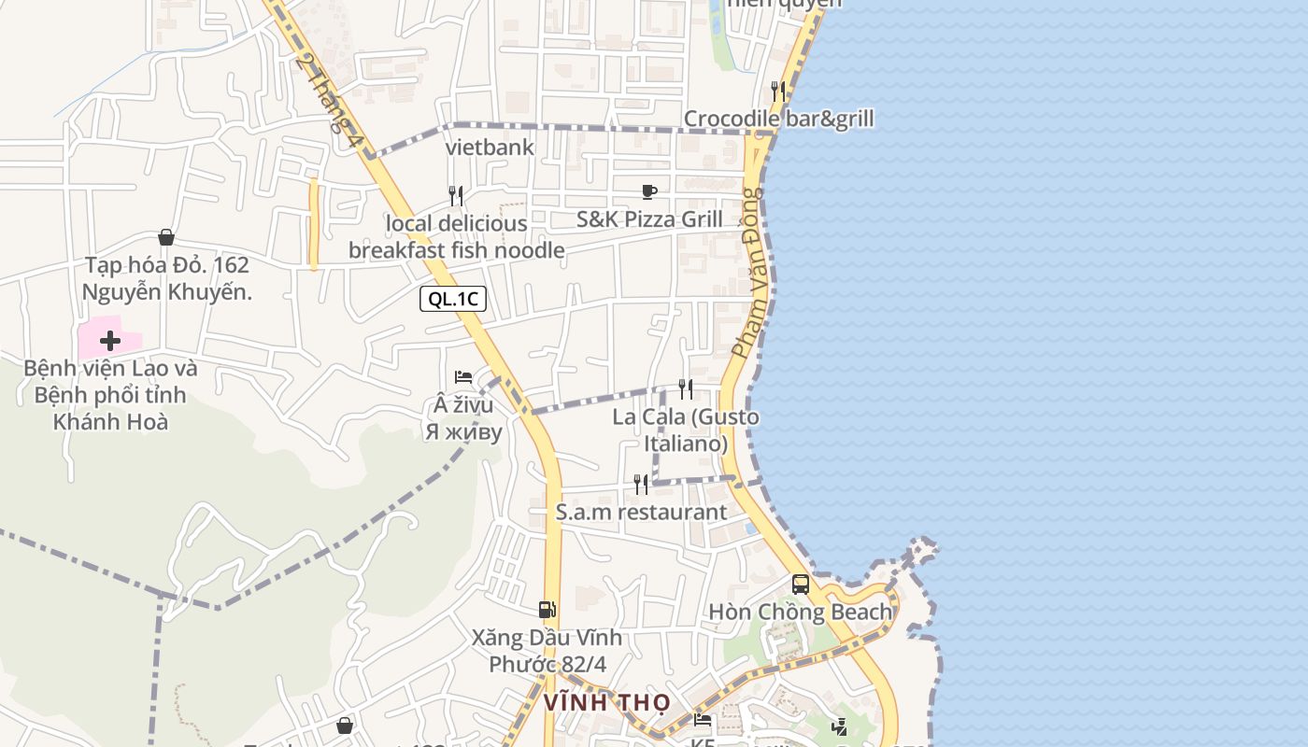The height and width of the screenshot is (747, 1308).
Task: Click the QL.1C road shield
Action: pyautogui.click(x=453, y=299)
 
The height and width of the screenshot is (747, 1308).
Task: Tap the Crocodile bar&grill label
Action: pyautogui.click(x=779, y=119)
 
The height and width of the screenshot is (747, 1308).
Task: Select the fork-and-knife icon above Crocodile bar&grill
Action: pyautogui.click(x=777, y=91)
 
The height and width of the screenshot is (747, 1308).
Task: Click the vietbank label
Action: pyautogui.click(x=490, y=147)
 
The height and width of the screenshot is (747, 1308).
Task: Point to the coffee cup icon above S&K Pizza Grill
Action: pyautogui.click(x=649, y=191)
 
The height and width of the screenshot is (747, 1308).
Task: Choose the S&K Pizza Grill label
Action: pyautogui.click(x=649, y=219)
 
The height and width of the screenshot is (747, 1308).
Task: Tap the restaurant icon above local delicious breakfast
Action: pyautogui.click(x=456, y=195)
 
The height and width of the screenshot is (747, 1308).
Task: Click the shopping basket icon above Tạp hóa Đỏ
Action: pyautogui.click(x=166, y=237)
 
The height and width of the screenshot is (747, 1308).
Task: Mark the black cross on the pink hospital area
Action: pyautogui.click(x=110, y=341)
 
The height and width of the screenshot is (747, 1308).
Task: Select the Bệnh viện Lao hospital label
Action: pyautogui.click(x=110, y=395)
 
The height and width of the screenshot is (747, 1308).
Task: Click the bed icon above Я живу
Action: pyautogui.click(x=463, y=377)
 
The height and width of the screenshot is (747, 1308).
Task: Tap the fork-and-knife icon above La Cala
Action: pyautogui.click(x=686, y=388)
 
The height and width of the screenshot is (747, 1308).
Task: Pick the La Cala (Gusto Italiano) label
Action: pyautogui.click(x=686, y=430)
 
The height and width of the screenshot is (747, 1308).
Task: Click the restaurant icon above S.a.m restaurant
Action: pyautogui.click(x=641, y=484)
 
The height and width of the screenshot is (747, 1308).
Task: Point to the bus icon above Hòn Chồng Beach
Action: pyautogui.click(x=801, y=585)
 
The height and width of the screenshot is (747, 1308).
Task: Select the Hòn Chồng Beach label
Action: pyautogui.click(x=801, y=613)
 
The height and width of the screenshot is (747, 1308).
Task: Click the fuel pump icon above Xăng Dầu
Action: pyautogui.click(x=547, y=610)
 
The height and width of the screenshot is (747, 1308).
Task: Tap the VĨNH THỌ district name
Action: pyautogui.click(x=607, y=702)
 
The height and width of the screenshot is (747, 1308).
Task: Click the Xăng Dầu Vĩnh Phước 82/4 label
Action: pyautogui.click(x=547, y=652)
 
